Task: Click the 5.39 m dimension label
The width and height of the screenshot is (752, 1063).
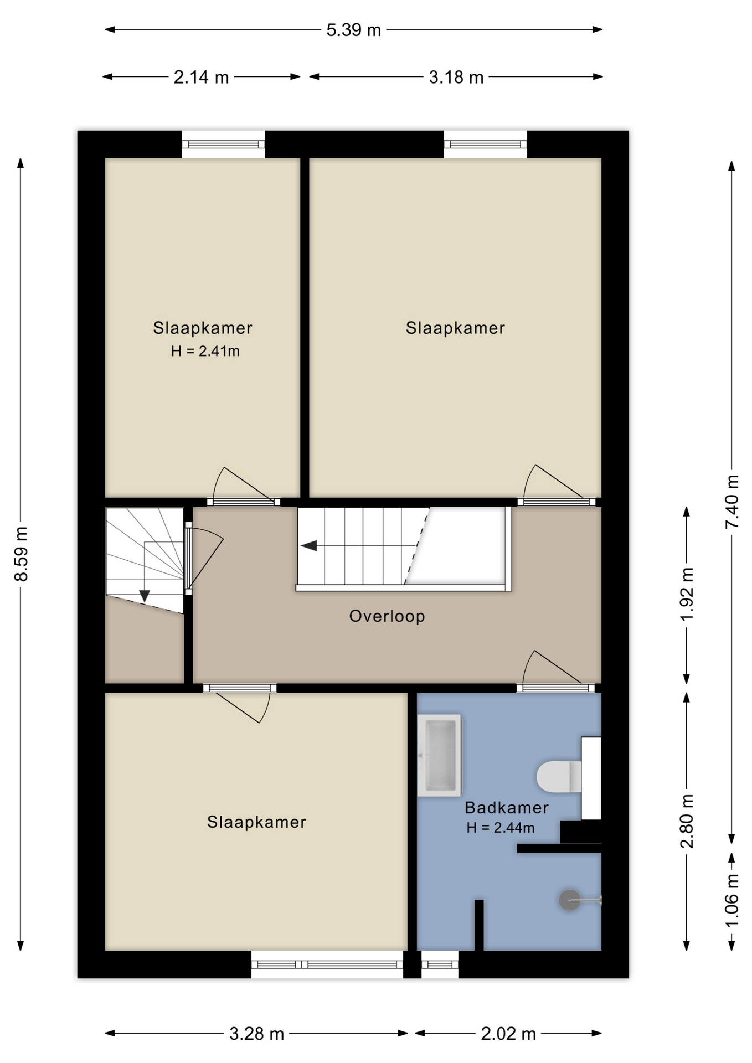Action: [353, 30]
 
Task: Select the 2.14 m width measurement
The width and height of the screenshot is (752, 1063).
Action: [201, 77]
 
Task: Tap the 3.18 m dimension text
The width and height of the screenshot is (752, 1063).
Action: [456, 77]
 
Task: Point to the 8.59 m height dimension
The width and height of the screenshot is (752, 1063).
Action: [21, 554]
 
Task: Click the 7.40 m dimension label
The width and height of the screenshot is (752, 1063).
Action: [732, 502]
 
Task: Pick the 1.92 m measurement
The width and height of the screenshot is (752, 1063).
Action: [687, 594]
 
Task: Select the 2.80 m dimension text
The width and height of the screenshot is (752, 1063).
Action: [687, 821]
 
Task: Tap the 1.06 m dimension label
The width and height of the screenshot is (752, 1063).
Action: [732, 900]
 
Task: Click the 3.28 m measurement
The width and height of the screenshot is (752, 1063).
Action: [257, 1034]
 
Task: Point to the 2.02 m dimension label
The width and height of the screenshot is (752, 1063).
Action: [508, 1034]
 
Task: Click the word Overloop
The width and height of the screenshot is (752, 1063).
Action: [387, 616]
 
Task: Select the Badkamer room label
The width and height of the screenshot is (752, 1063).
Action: [507, 808]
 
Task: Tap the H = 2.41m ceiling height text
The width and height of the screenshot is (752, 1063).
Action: [205, 351]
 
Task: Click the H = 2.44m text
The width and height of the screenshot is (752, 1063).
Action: [501, 828]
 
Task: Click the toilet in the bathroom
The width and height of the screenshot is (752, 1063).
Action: [559, 776]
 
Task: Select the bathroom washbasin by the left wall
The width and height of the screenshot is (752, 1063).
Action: [440, 755]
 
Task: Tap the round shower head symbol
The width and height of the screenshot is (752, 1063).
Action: [570, 900]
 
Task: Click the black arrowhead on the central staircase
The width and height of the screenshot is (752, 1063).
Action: [309, 546]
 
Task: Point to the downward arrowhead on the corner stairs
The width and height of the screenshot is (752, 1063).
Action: [145, 596]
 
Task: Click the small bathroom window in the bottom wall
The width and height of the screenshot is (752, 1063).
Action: [440, 964]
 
